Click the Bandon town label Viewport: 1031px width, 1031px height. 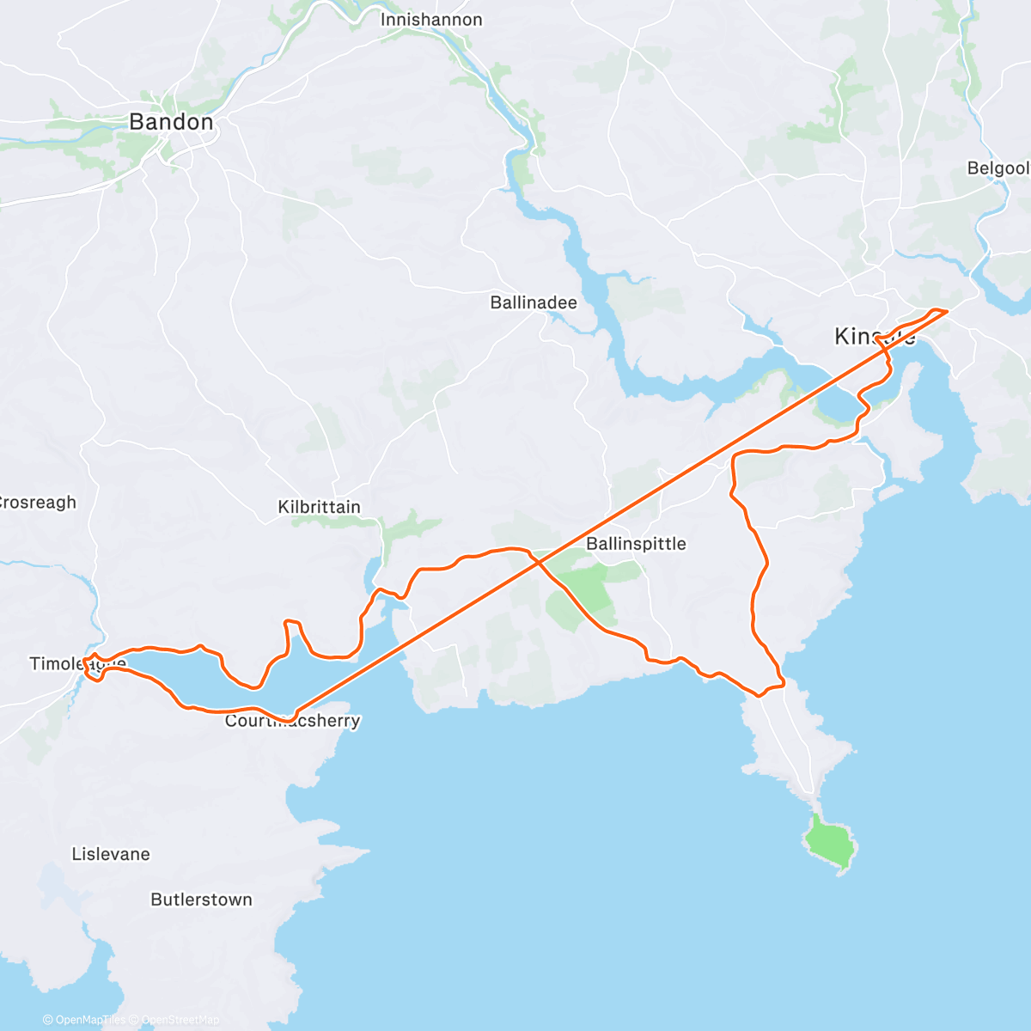click(x=171, y=122)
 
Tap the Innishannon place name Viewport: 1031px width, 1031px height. click(x=431, y=20)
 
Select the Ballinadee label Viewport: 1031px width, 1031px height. click(x=534, y=302)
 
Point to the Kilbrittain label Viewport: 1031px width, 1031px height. click(x=319, y=507)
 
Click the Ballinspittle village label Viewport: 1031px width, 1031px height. click(x=636, y=544)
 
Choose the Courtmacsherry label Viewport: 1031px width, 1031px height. click(x=292, y=721)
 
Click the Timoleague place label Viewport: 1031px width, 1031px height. click(x=77, y=663)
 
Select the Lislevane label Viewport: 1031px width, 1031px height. click(x=111, y=854)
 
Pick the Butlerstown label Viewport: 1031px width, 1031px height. click(x=201, y=900)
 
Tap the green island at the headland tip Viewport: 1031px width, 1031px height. click(x=828, y=841)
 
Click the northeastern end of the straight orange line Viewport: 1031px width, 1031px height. click(x=947, y=310)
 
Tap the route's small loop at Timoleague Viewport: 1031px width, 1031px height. click(x=94, y=668)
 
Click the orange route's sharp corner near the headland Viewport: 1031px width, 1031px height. click(x=783, y=684)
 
